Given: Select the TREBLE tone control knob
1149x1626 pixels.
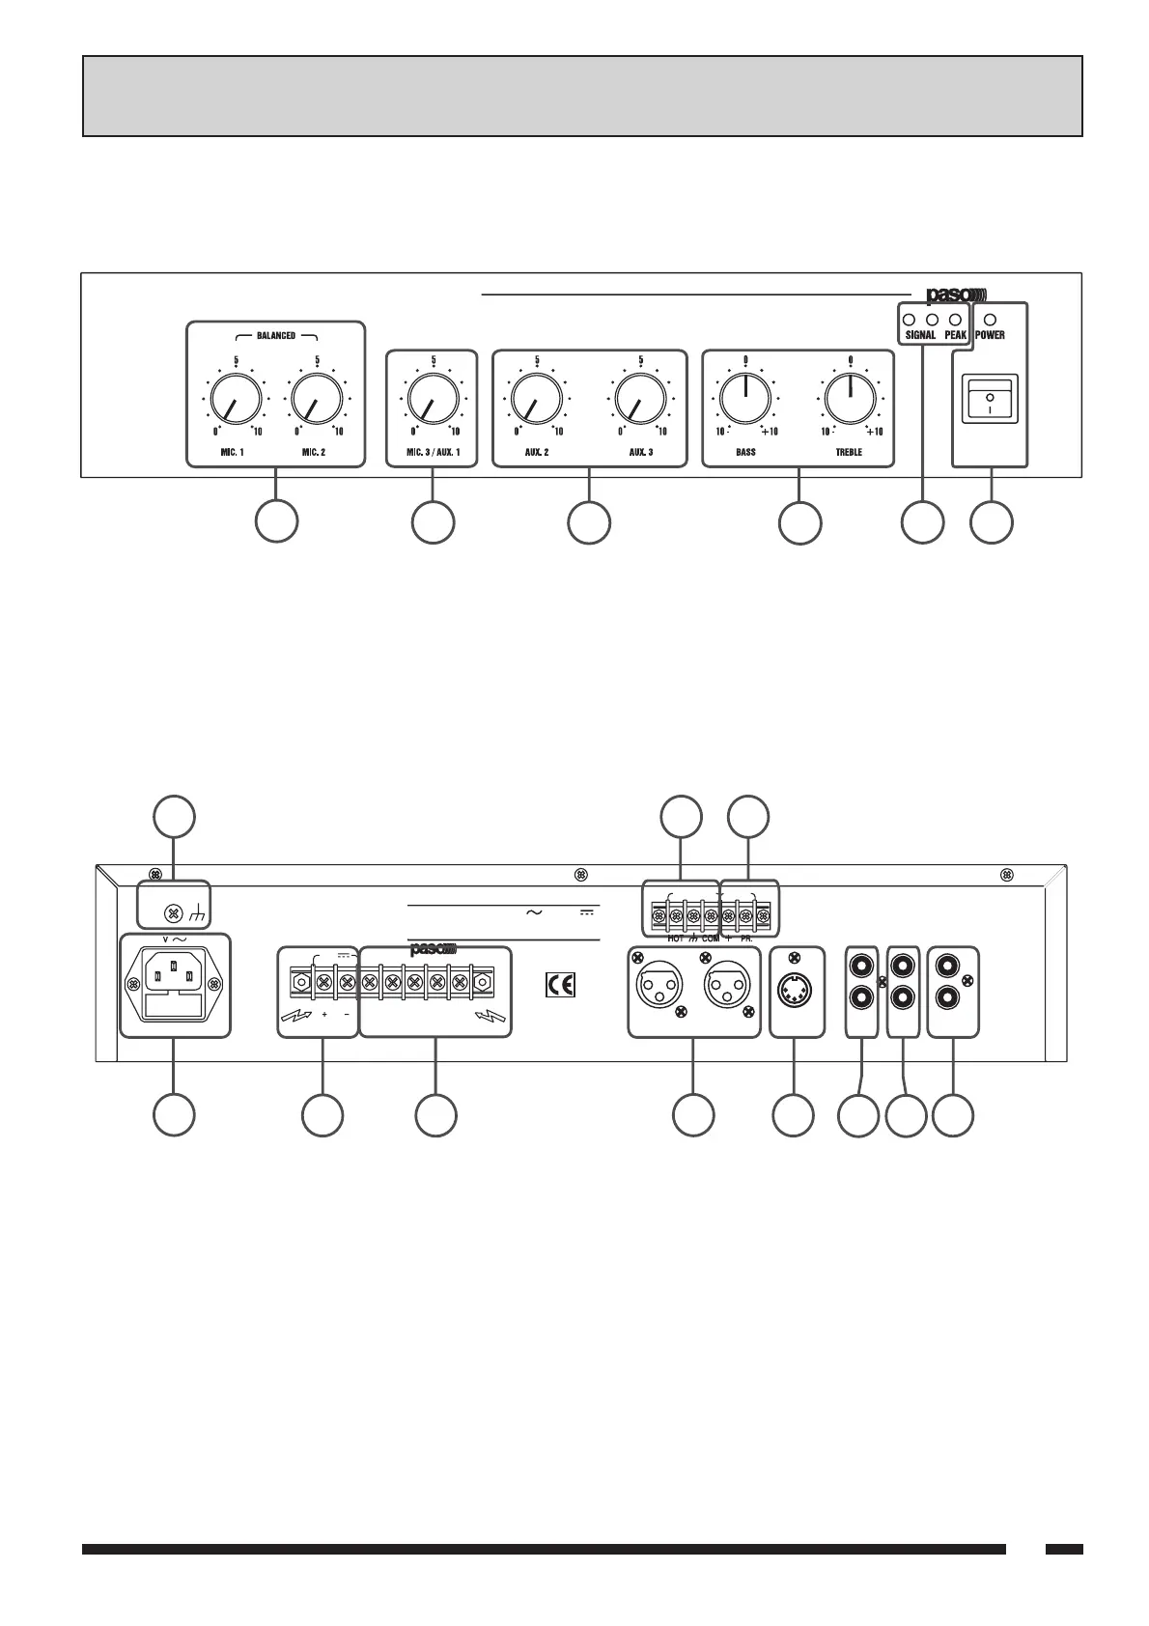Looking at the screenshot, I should pyautogui.click(x=850, y=397).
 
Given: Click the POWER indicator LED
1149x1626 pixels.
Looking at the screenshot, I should pyautogui.click(x=990, y=319).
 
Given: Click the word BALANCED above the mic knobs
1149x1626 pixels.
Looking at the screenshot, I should pyautogui.click(x=276, y=335).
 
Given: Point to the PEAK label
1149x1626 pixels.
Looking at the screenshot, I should pyautogui.click(x=956, y=335).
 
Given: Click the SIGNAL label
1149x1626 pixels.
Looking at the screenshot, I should pyautogui.click(x=920, y=335).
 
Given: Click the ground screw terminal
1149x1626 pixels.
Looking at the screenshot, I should pyautogui.click(x=174, y=911).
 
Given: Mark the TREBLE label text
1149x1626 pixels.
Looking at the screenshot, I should pyautogui.click(x=849, y=452).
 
